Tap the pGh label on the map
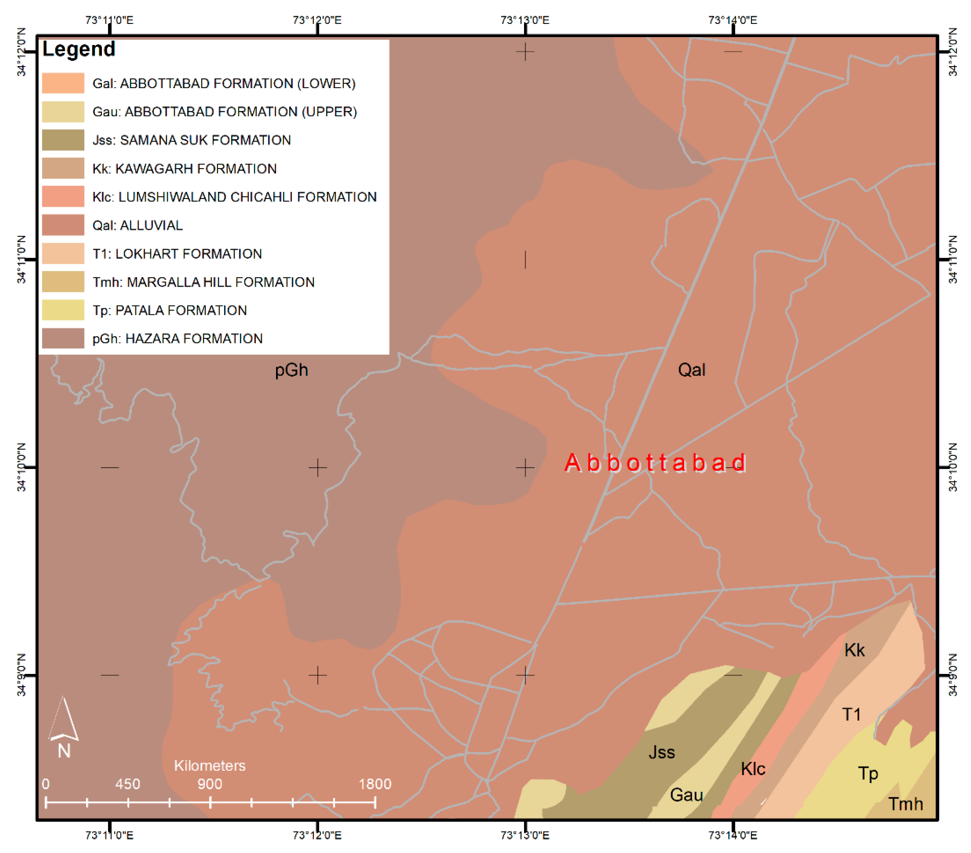pos(291,370)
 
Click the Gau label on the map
pos(687,795)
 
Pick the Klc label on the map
pos(753,768)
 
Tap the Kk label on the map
pos(854,650)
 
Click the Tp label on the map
pos(868,774)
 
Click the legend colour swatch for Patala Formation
pos(63,310)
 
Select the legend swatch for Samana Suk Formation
pos(63,140)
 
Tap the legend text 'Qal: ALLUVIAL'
pos(137,225)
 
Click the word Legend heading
pos(79,49)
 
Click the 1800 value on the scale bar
pos(375,784)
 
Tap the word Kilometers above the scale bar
pos(210,766)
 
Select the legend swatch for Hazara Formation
pos(63,338)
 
